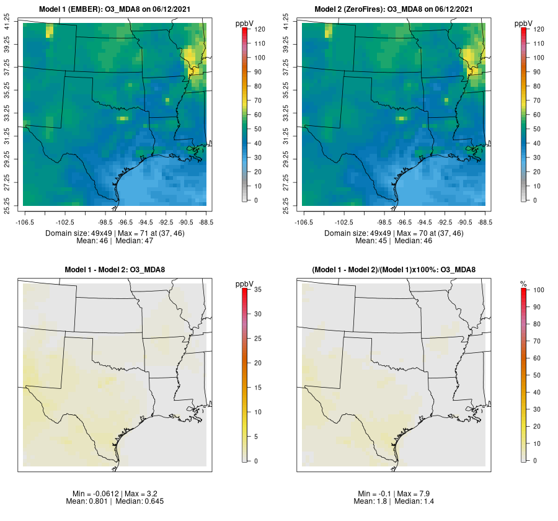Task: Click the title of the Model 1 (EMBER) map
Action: pyautogui.click(x=115, y=9)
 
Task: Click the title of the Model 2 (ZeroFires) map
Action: pyautogui.click(x=394, y=9)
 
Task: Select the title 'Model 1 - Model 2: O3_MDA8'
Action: pyautogui.click(x=115, y=270)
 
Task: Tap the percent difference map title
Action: pyautogui.click(x=394, y=270)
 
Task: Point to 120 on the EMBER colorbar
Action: pyautogui.click(x=259, y=30)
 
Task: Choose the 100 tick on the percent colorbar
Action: pyautogui.click(x=538, y=290)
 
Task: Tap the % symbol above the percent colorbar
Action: pyautogui.click(x=523, y=283)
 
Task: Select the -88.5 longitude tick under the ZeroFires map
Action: pyautogui.click(x=485, y=221)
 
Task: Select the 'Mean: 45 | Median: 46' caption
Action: pyautogui.click(x=394, y=241)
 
